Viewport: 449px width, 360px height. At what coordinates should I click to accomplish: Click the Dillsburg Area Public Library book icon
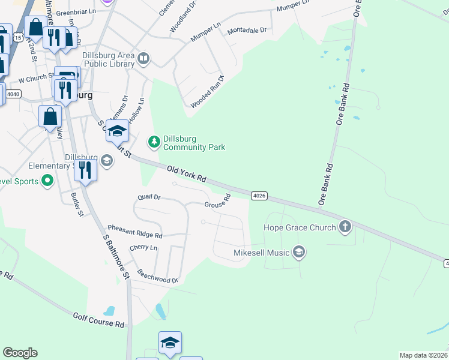coord(143,58)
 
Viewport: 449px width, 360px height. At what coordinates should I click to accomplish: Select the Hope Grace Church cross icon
coord(345,227)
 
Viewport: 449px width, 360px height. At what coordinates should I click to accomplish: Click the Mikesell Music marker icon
coord(299,253)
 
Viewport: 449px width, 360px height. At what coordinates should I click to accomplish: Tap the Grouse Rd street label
coord(217,202)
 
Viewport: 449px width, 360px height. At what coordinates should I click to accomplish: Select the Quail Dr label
coord(149,197)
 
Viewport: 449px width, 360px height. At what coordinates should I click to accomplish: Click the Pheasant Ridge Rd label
coord(135,232)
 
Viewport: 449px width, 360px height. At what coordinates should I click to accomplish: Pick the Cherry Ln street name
coord(143,247)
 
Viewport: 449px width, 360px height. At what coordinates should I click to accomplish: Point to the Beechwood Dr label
coord(158,276)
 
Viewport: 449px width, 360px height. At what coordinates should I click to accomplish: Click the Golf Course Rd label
coord(98,320)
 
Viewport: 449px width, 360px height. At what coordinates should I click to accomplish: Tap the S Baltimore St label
coord(116,257)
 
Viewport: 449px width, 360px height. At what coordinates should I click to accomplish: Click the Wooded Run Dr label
coord(207,92)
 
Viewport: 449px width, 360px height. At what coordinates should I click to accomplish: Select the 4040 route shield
coord(13,94)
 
